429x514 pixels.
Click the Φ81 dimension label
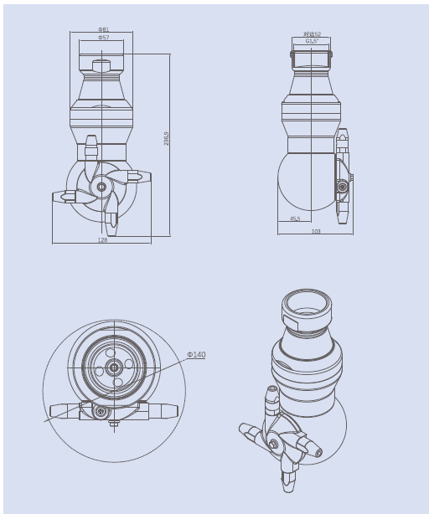pyautogui.click(x=103, y=30)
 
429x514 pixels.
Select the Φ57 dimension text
pyautogui.click(x=103, y=38)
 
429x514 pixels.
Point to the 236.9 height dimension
pyautogui.click(x=167, y=138)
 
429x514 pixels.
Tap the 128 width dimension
pyautogui.click(x=102, y=240)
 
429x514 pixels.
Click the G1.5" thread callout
pyautogui.click(x=312, y=41)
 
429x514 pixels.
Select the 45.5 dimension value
pyautogui.click(x=295, y=219)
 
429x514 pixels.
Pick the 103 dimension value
pyautogui.click(x=316, y=232)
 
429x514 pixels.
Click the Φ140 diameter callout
pyautogui.click(x=195, y=355)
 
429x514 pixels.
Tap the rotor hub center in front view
pyautogui.click(x=101, y=187)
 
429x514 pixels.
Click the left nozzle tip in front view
pyautogui.click(x=59, y=198)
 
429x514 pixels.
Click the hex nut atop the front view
pyautogui.click(x=101, y=66)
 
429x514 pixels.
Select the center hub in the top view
pyautogui.click(x=112, y=368)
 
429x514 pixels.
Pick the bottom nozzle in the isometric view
pyautogui.click(x=288, y=481)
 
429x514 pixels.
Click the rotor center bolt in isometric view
pyautogui.click(x=273, y=443)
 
